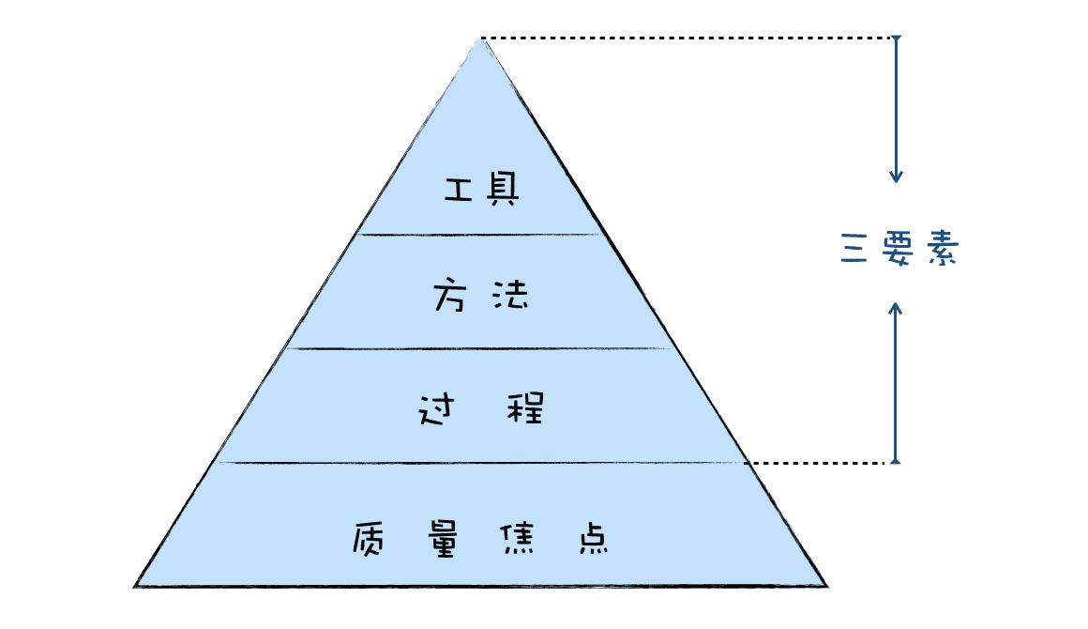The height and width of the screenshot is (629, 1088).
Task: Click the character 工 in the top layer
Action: coord(457,191)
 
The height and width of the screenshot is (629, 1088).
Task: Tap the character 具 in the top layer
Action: coord(505,191)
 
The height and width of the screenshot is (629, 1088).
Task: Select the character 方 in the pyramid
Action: coord(451,298)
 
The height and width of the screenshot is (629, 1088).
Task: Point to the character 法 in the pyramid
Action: coord(510,298)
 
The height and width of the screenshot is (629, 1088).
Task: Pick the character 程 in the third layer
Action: coord(526,410)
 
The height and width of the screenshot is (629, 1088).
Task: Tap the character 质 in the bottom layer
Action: coord(370,539)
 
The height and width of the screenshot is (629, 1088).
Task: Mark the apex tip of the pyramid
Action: coord(481,39)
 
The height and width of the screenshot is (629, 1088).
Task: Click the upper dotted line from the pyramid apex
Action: coord(685,38)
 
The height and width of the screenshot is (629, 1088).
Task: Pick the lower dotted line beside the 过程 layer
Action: coord(821,463)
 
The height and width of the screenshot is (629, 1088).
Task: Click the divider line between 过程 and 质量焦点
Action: coord(480,463)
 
